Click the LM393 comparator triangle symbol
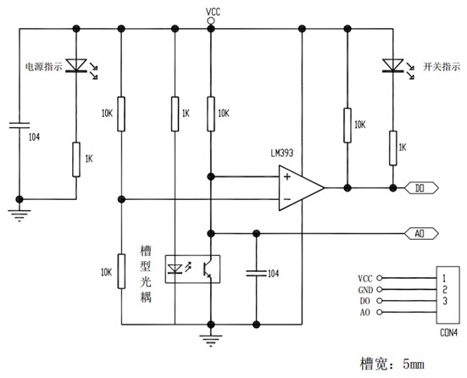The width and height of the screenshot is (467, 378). tap(301, 188)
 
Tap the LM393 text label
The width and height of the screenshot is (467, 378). tap(281, 153)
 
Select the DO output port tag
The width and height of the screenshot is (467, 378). tap(421, 188)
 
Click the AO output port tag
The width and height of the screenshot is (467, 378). tap(421, 234)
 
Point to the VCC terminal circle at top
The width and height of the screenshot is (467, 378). tap(210, 21)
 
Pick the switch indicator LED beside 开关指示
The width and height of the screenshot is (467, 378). tap(395, 69)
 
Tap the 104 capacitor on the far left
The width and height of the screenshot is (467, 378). tap(19, 125)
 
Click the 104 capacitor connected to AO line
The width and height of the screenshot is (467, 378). tap(256, 273)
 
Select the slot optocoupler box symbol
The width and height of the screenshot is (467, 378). tap(192, 269)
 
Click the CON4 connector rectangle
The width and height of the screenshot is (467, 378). tap(448, 295)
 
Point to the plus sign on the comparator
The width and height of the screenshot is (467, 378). tap(287, 177)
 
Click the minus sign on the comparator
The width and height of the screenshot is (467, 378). tap(287, 199)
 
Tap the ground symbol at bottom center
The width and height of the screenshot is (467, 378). tap(211, 340)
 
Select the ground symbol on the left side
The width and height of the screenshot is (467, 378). tap(19, 215)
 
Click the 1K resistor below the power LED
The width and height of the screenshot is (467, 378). tap(76, 159)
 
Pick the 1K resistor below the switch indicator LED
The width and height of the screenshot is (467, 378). tap(393, 148)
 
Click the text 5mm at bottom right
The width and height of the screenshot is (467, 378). tap(414, 364)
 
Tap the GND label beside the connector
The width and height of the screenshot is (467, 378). tap(365, 290)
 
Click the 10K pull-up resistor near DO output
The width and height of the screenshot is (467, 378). tap(347, 125)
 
